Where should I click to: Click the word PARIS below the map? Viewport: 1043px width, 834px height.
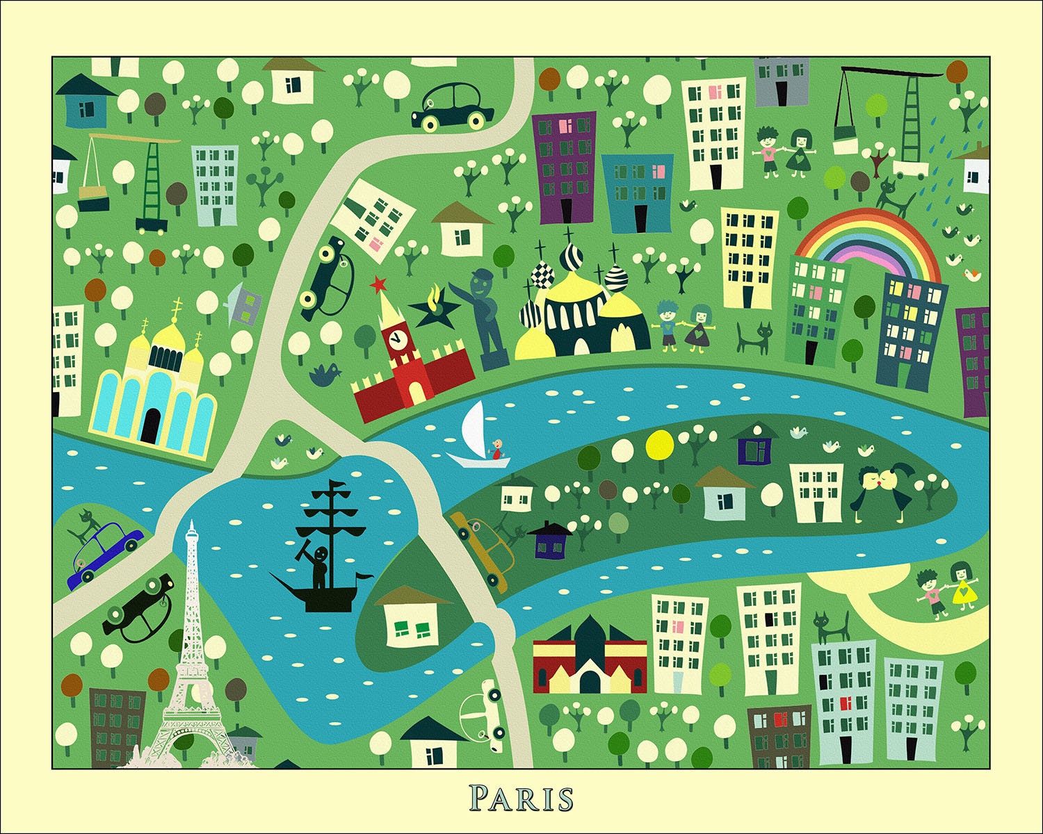click(x=521, y=798)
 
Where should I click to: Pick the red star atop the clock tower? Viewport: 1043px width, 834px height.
click(x=378, y=284)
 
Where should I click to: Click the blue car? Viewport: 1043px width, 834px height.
click(x=104, y=553)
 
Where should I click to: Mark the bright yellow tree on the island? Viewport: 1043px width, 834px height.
click(x=660, y=443)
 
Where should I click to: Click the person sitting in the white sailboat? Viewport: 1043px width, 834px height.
click(x=496, y=450)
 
